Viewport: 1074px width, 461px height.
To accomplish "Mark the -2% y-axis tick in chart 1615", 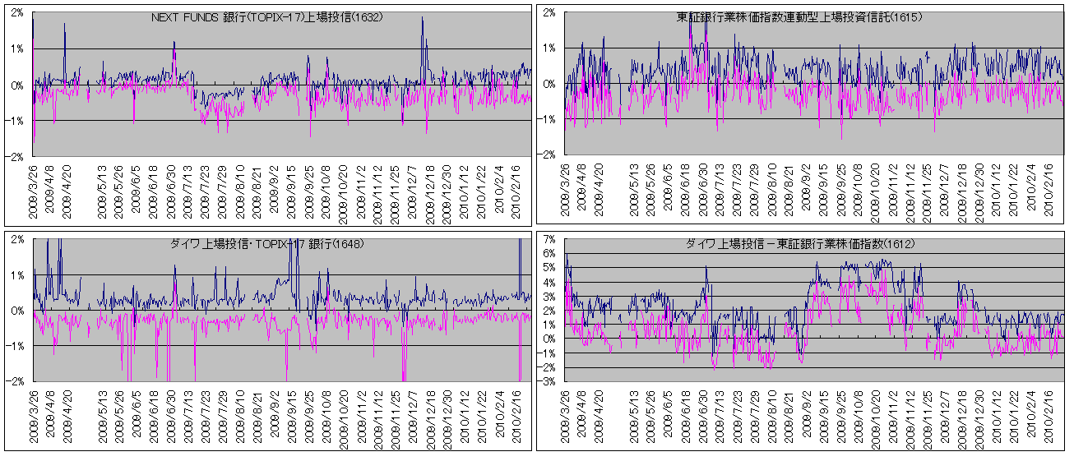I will click(549, 154).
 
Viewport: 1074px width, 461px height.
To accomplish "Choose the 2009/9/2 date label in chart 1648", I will click(274, 416).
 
